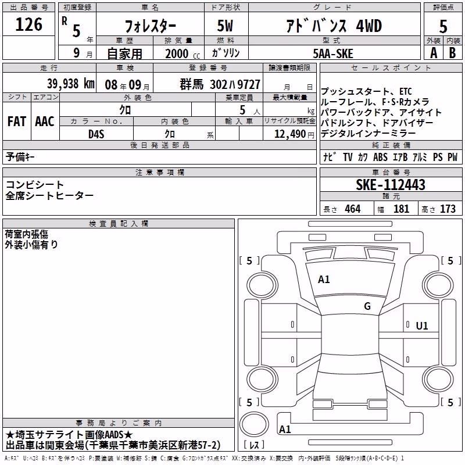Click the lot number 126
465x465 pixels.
(28, 24)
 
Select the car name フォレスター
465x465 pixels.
(151, 26)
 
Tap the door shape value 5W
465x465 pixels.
(225, 26)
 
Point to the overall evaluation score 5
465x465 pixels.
(443, 27)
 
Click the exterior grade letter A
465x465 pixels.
(434, 53)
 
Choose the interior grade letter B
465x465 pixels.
(452, 53)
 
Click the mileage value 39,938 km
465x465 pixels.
(71, 84)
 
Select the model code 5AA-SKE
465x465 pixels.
(333, 53)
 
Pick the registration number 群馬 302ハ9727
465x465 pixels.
(220, 84)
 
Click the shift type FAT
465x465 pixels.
(17, 121)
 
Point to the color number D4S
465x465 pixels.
(96, 134)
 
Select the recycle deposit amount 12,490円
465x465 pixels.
(294, 134)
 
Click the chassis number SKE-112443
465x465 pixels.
(391, 184)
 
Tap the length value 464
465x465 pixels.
(353, 209)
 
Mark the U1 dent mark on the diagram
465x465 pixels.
(422, 326)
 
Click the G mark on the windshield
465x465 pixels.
(367, 306)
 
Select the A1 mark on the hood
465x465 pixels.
(324, 280)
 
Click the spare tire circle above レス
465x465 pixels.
(254, 424)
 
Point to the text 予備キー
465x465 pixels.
(20, 157)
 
